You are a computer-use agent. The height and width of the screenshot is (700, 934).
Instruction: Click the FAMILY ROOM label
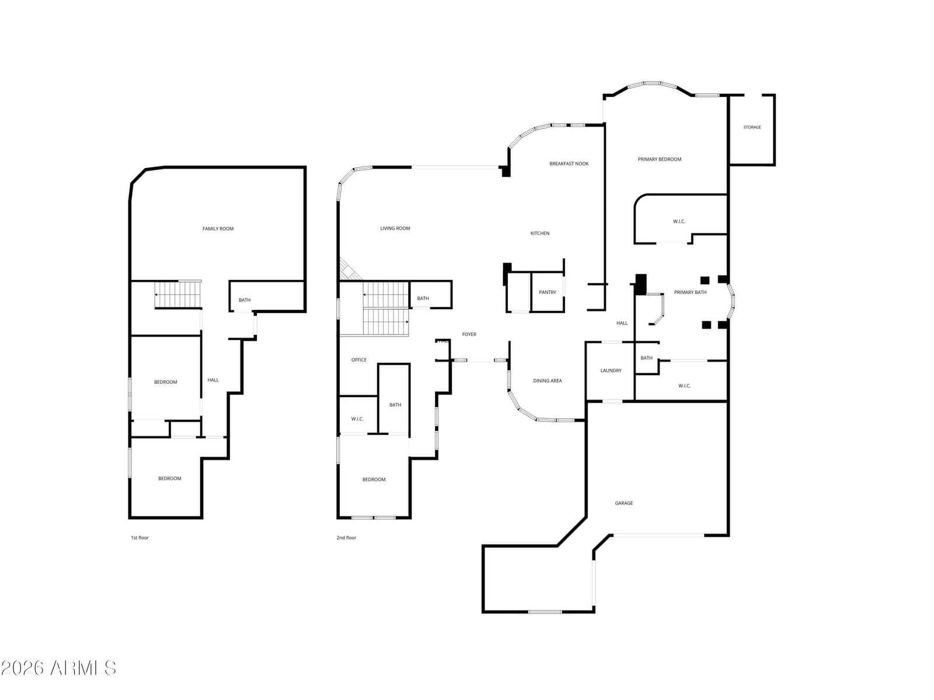(x=218, y=229)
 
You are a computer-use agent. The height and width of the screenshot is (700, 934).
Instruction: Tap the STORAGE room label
(x=752, y=127)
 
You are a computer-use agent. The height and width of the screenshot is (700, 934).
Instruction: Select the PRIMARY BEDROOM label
(x=659, y=159)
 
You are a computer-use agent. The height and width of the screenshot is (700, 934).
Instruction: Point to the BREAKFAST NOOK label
(x=569, y=164)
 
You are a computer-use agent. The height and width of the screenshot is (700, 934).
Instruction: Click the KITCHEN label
(x=539, y=233)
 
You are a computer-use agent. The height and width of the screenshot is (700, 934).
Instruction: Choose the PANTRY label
(x=547, y=292)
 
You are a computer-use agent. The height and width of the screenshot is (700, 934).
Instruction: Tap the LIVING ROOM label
(x=395, y=228)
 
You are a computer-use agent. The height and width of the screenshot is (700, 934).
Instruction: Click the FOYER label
(x=469, y=334)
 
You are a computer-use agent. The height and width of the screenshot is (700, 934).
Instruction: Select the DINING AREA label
(x=547, y=381)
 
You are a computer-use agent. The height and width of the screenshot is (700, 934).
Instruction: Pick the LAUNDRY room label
(x=611, y=370)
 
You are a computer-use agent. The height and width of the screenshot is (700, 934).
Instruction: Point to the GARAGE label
(x=624, y=503)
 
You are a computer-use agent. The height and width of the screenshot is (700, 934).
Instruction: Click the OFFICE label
(x=358, y=360)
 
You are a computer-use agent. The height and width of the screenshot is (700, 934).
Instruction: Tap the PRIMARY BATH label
(x=690, y=292)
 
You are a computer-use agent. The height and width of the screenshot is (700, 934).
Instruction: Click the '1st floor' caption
(x=140, y=538)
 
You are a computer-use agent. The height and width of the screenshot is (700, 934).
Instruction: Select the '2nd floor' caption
(x=346, y=538)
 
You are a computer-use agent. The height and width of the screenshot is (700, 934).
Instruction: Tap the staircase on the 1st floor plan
(x=178, y=294)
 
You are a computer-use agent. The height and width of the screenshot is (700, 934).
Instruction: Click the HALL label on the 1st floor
(x=212, y=380)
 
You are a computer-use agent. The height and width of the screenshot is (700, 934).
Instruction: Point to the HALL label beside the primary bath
(x=622, y=323)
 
